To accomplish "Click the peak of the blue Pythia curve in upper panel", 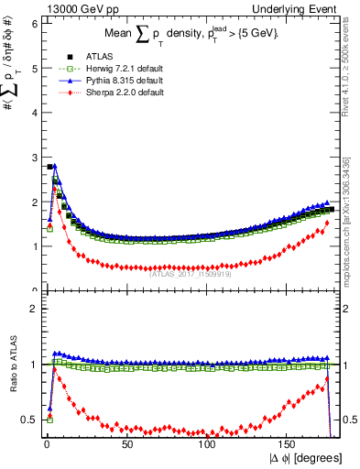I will pyautogui.click(x=56, y=166).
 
